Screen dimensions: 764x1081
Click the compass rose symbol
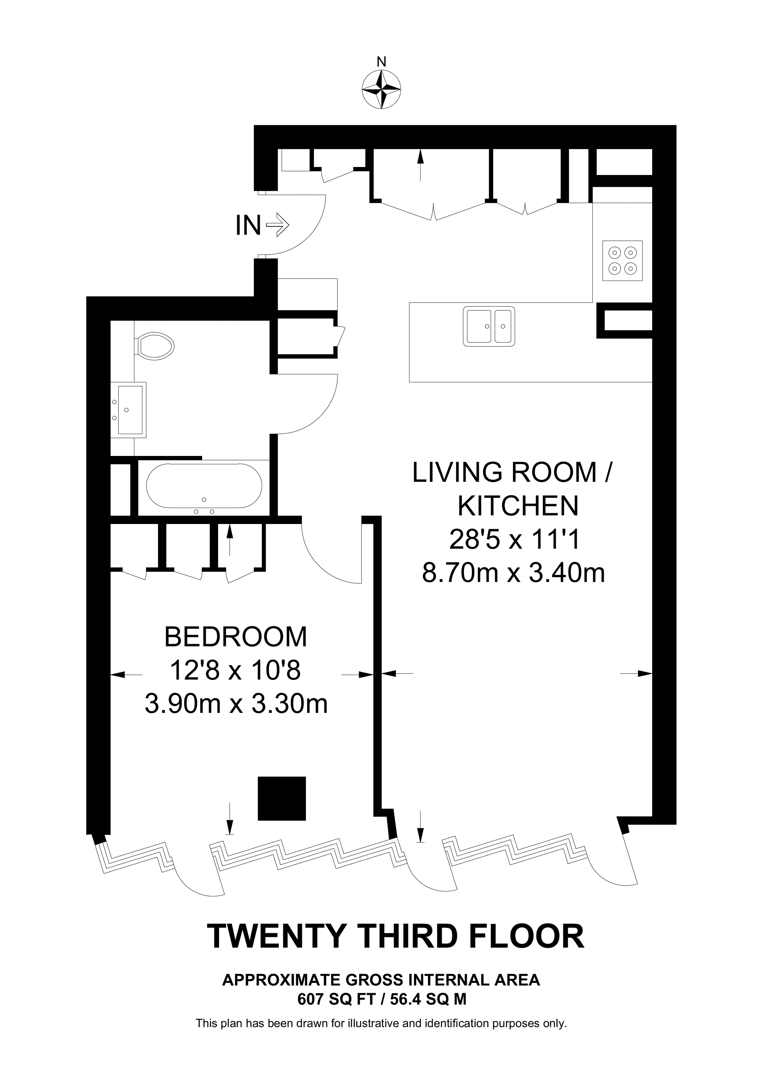[x=381, y=90]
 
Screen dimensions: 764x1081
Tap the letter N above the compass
[x=381, y=62]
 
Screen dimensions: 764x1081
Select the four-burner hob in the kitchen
[x=622, y=261]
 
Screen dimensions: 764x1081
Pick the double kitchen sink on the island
[x=489, y=326]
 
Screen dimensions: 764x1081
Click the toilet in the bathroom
[x=154, y=347]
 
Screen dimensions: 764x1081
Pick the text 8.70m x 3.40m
[x=513, y=573]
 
